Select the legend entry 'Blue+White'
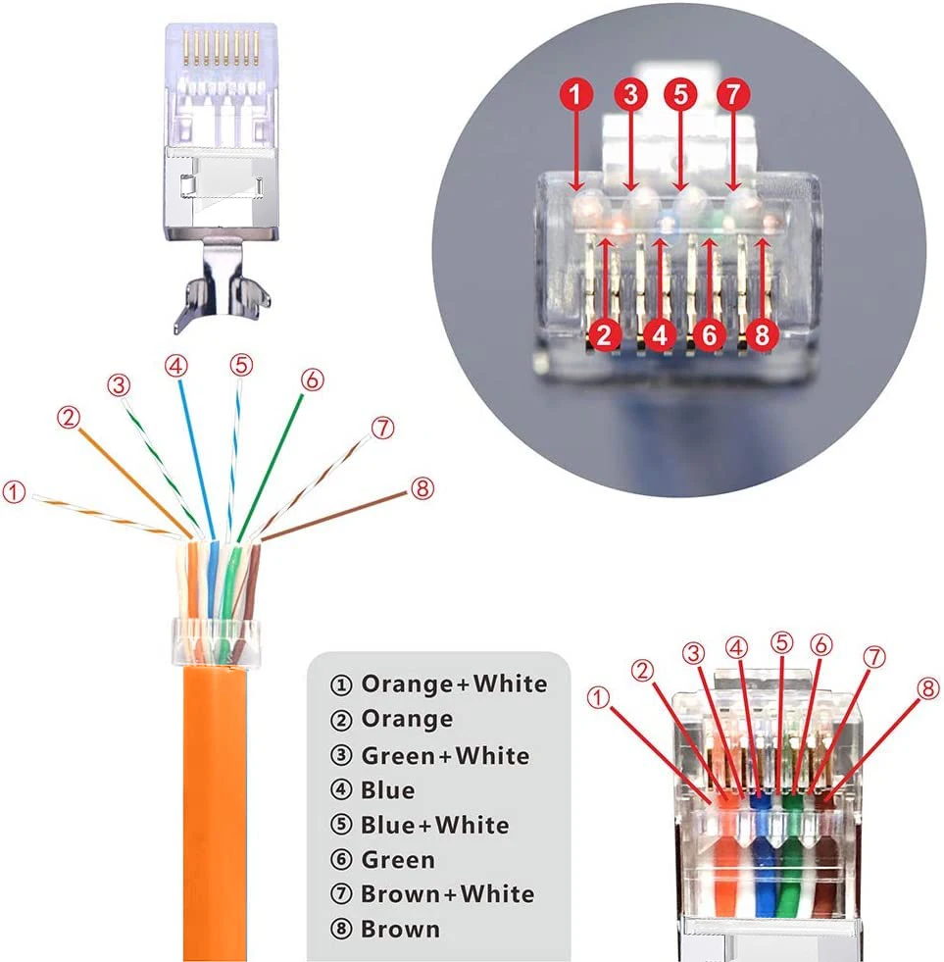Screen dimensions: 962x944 tap(421, 825)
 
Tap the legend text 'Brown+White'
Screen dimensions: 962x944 tap(432, 893)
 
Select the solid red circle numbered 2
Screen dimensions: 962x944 tap(606, 335)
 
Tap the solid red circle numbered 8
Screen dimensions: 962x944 tap(764, 335)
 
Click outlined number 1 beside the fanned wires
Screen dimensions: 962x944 tap(15, 491)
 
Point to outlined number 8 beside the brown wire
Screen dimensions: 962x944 tap(422, 488)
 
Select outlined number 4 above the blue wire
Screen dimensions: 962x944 tap(175, 366)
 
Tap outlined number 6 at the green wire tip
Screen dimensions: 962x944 tap(311, 380)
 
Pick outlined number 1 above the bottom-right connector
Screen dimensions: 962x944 tap(598, 697)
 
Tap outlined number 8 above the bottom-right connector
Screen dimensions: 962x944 tap(928, 688)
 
